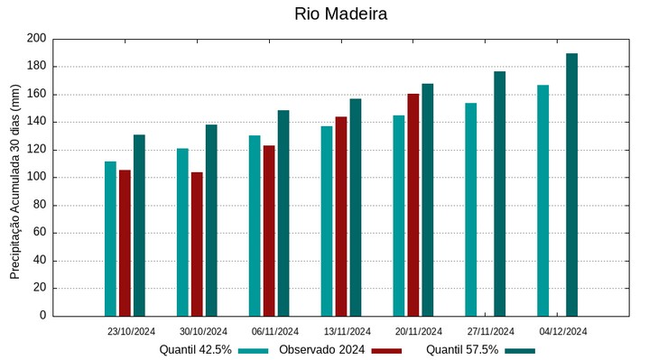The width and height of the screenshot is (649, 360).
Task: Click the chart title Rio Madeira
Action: click(340, 14)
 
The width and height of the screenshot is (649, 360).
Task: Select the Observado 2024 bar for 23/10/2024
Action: click(125, 243)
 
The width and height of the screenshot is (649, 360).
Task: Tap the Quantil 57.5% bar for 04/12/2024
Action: click(571, 185)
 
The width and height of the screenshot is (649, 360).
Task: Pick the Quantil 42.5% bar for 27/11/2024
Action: click(470, 209)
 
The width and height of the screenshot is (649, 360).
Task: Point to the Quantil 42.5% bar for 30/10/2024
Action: click(182, 232)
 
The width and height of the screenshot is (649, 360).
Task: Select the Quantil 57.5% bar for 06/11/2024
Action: click(283, 213)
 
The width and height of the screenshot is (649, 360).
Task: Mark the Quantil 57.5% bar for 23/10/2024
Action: click(139, 226)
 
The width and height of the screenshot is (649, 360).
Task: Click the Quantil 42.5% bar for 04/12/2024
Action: click(542, 200)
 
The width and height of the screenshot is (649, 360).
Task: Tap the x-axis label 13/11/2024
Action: click(348, 331)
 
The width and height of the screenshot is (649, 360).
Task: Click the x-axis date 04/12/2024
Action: click(563, 331)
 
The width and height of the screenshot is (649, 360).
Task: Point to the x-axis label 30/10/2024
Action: click(203, 331)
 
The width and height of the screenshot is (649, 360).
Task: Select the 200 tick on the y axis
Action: click(36, 39)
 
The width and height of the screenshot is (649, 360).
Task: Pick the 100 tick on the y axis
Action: click(36, 178)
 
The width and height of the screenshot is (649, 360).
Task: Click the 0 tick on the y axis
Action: click(42, 316)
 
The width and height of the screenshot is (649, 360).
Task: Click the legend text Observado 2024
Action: click(321, 349)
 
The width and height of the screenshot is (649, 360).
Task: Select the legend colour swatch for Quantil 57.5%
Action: click(520, 350)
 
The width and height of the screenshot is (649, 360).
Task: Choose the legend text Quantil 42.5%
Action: click(196, 349)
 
